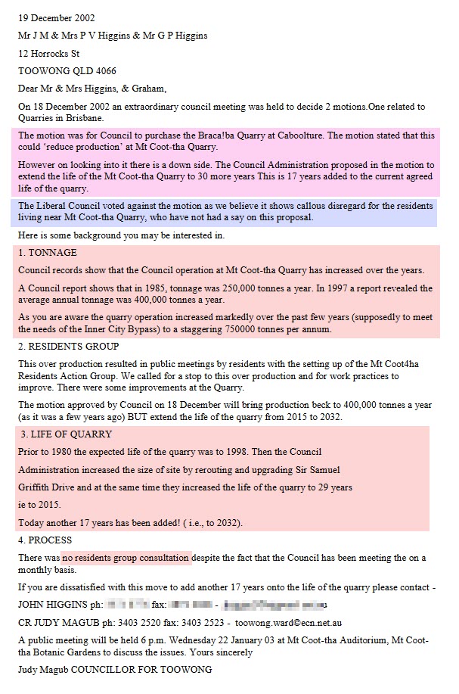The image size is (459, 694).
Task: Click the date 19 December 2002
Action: coord(52,17)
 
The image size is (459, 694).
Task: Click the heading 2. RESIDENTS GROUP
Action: coord(68,346)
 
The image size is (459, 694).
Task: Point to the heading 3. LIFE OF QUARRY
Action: coord(67,434)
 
